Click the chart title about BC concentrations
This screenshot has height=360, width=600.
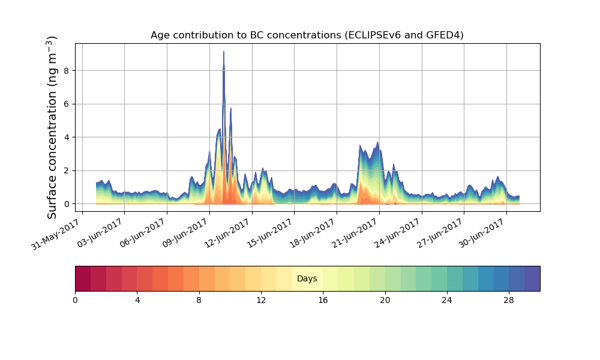pos(307,35)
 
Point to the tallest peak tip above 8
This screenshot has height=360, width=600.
pos(224,52)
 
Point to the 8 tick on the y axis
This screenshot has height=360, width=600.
pos(67,71)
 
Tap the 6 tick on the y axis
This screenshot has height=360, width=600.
pos(67,104)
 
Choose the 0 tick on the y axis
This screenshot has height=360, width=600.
pos(67,204)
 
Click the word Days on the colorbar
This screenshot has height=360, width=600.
pos(307,279)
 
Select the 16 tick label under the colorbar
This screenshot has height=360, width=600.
pos(323,300)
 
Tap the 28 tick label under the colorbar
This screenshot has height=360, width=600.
pos(509,300)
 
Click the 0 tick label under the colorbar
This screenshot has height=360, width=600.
pos(75,300)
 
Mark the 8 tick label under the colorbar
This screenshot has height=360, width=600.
pos(199,300)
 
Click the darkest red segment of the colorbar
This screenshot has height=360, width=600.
pos(83,278)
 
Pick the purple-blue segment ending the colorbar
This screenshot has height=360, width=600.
pos(532,278)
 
